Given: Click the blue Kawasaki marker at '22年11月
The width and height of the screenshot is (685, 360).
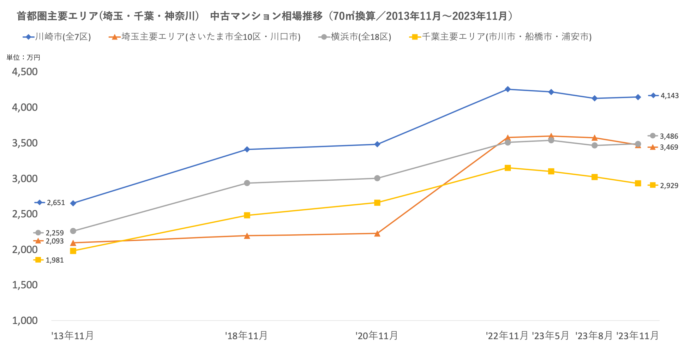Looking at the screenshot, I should [x=507, y=89].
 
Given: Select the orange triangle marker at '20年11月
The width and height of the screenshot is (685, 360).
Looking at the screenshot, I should [x=377, y=234].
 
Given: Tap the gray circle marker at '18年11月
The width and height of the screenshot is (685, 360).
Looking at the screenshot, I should [x=247, y=183].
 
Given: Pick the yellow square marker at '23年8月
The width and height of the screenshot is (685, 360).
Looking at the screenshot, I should [x=595, y=177].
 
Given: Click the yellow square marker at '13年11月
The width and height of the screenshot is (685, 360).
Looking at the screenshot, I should [x=73, y=251].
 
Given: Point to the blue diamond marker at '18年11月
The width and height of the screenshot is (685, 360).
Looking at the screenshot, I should [x=247, y=150].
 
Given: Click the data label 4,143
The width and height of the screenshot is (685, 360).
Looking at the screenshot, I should [x=669, y=96].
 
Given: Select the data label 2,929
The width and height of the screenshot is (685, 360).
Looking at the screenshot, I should [x=669, y=186].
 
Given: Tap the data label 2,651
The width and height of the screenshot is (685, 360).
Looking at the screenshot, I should [x=56, y=203].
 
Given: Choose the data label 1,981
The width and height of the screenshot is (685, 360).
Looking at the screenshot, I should [x=55, y=260].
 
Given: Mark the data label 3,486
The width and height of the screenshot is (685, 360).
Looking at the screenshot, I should [x=669, y=136].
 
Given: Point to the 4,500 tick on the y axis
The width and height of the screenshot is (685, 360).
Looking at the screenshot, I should [x=25, y=72].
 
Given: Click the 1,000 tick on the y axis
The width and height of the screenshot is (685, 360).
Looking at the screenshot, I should [x=25, y=320].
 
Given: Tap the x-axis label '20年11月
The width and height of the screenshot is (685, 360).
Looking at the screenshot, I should [x=377, y=336].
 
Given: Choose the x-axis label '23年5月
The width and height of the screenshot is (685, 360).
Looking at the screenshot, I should [x=551, y=336].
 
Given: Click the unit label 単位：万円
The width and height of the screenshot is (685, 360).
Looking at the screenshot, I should [x=23, y=58].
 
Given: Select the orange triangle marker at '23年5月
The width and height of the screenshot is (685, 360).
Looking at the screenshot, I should [x=551, y=136].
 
